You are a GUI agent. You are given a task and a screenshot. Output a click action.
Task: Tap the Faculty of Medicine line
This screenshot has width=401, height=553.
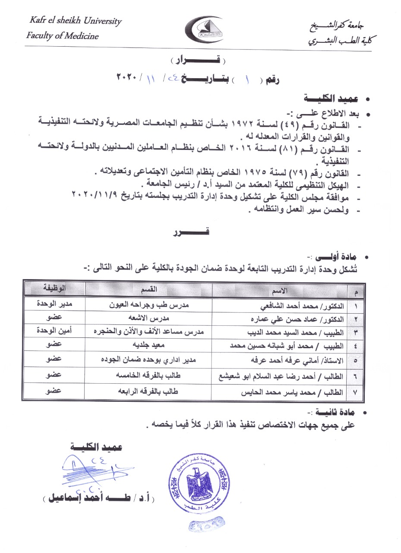(62, 35)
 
